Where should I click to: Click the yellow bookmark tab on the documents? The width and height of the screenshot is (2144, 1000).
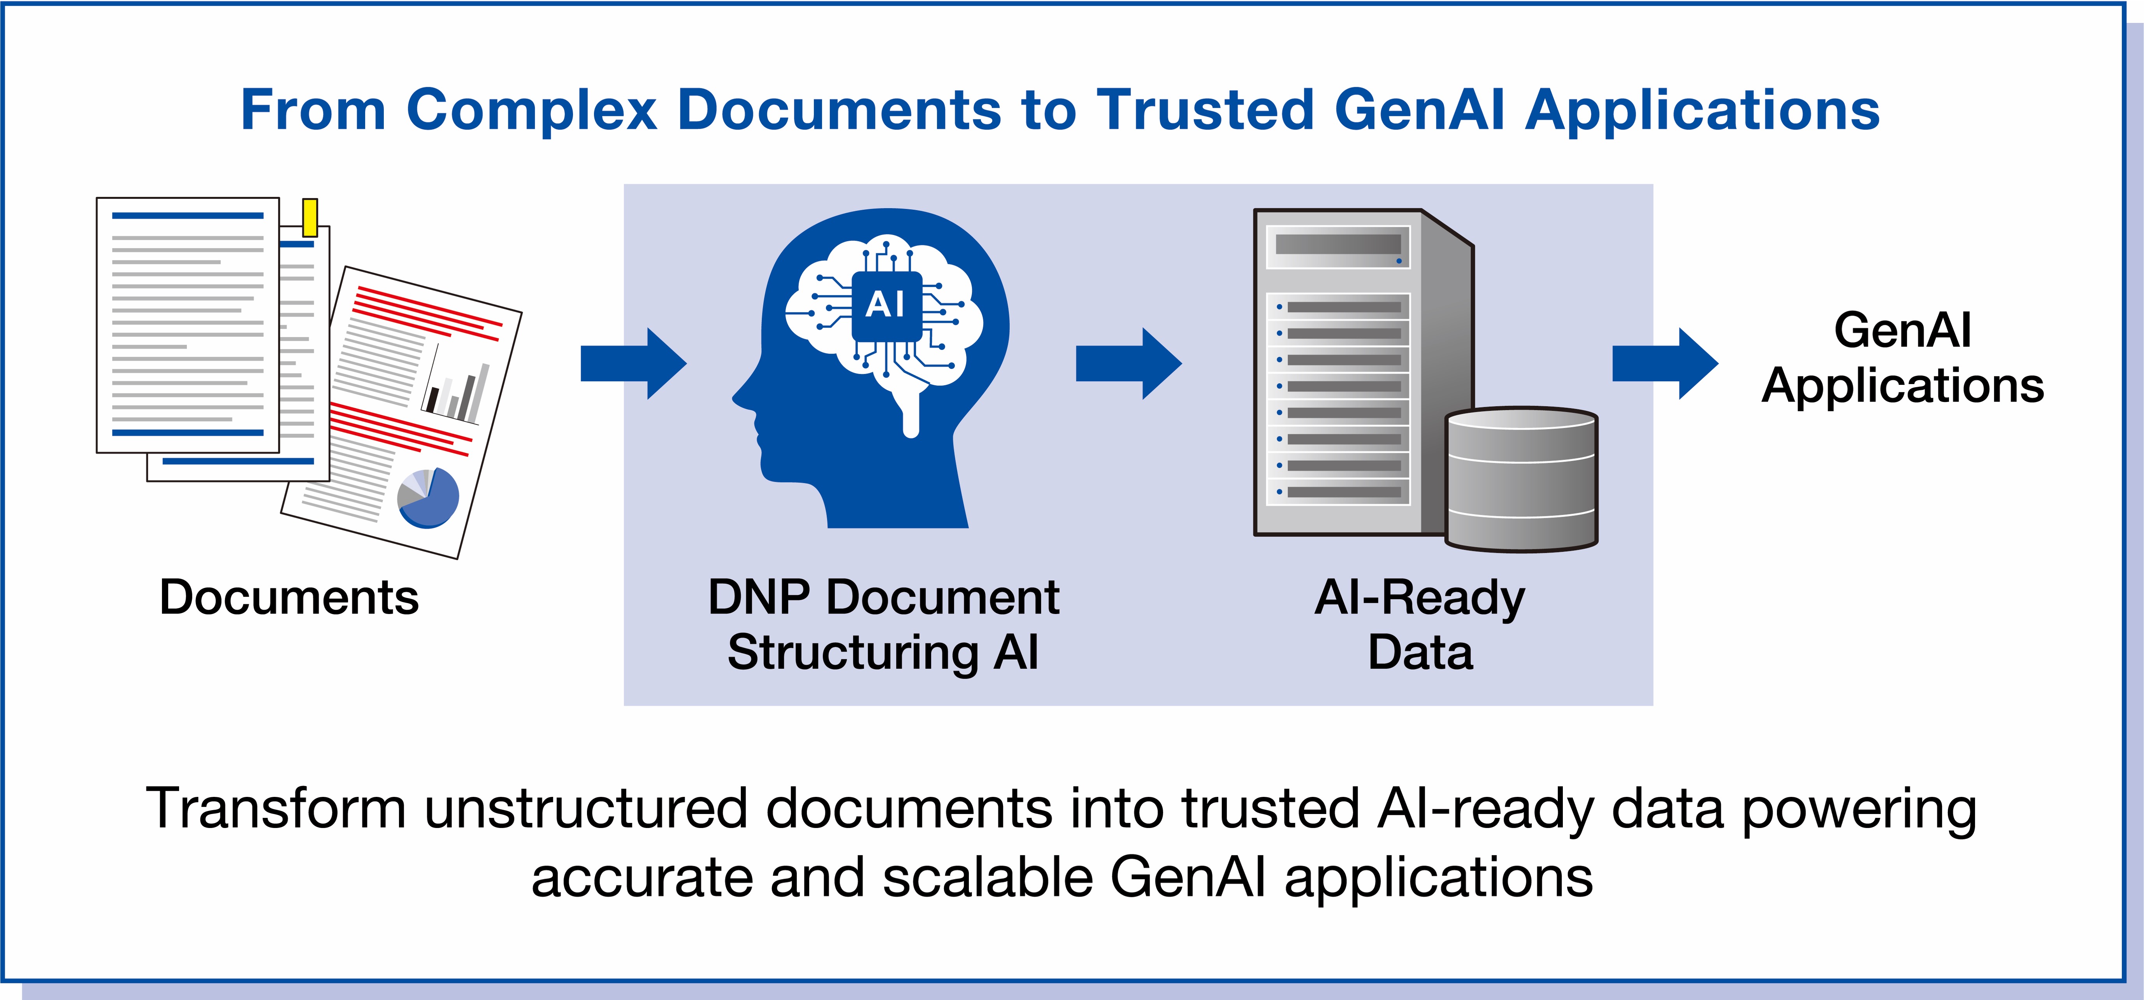tap(309, 217)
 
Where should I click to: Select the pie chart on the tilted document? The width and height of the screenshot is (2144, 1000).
tap(428, 498)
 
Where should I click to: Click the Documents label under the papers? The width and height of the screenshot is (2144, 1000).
tap(289, 597)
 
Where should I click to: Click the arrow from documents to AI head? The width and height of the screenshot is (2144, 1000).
tap(633, 363)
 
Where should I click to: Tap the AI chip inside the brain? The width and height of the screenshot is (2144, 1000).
tap(886, 305)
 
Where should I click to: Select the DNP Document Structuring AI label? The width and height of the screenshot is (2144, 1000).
tap(883, 624)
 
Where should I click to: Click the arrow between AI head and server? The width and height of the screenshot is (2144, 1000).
tap(1128, 363)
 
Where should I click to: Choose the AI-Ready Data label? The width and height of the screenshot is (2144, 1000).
tap(1420, 624)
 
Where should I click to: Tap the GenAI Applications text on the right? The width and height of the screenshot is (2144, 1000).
tap(1903, 358)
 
